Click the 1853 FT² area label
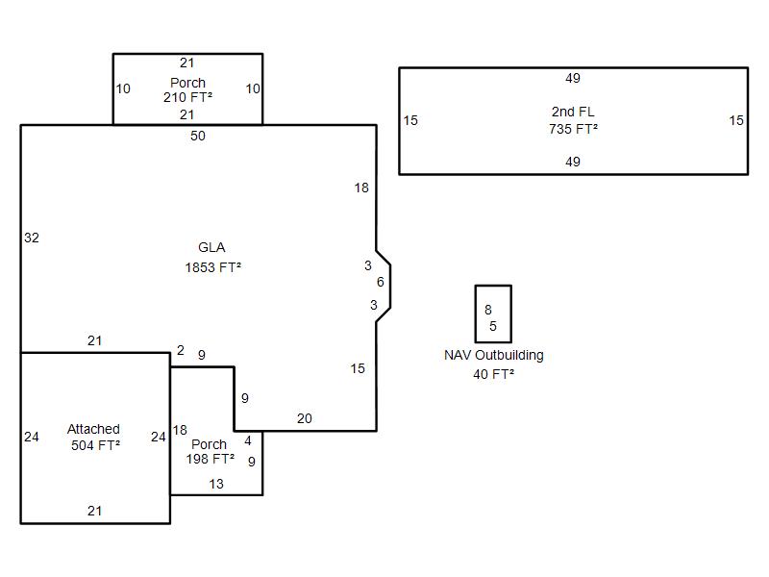(x=212, y=267)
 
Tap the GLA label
(x=211, y=248)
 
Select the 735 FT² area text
(x=573, y=129)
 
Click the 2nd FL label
(x=573, y=113)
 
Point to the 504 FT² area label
(x=95, y=445)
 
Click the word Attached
(x=93, y=429)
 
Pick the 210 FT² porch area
(x=187, y=97)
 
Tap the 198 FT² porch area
(x=210, y=459)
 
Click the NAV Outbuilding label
(x=493, y=355)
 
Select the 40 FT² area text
(x=493, y=374)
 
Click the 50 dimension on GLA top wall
(x=197, y=137)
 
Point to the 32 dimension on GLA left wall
(x=32, y=238)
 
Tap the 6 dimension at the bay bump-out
(x=381, y=282)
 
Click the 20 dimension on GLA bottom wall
(x=304, y=418)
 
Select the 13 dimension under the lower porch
(x=216, y=484)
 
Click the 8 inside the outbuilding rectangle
(x=488, y=310)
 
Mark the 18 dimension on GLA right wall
(x=361, y=188)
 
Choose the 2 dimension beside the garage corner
(x=180, y=351)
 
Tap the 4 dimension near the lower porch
(x=248, y=441)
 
